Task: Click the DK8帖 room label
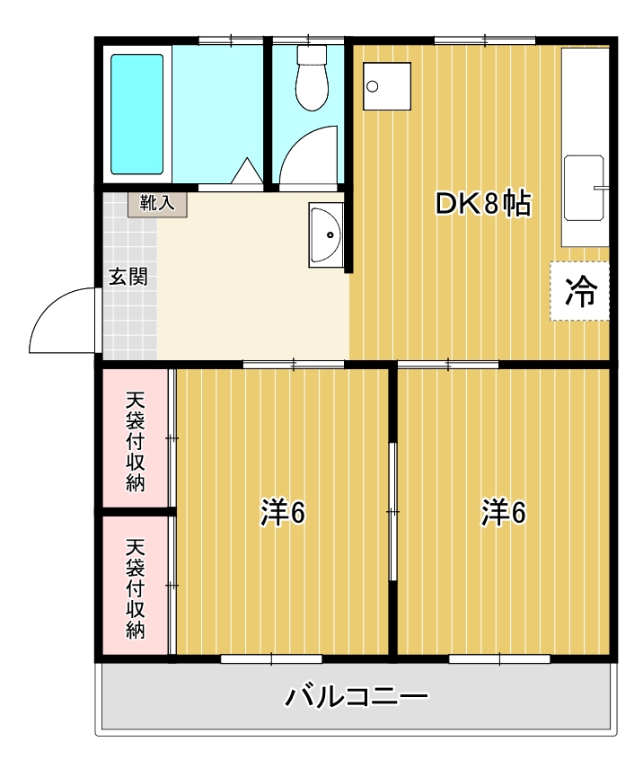point(483,205)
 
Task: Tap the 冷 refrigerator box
point(579,291)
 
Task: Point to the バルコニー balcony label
point(357,696)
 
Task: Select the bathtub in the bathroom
point(137,114)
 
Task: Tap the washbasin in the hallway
point(325,235)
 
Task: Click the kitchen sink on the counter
point(584,189)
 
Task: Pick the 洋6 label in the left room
point(284,513)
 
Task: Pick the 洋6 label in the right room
point(504,513)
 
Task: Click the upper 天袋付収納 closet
point(135,440)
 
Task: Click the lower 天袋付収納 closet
point(135,587)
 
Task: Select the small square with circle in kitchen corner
point(386,86)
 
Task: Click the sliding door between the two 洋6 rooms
point(392,511)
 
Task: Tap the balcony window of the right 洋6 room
point(499,658)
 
